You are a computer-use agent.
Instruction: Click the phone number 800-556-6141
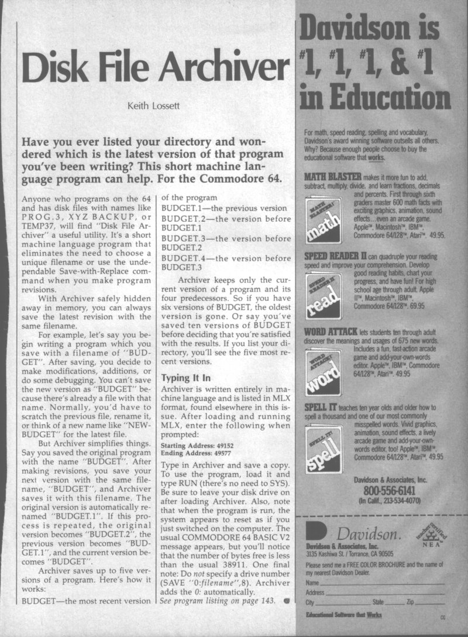(381, 491)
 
